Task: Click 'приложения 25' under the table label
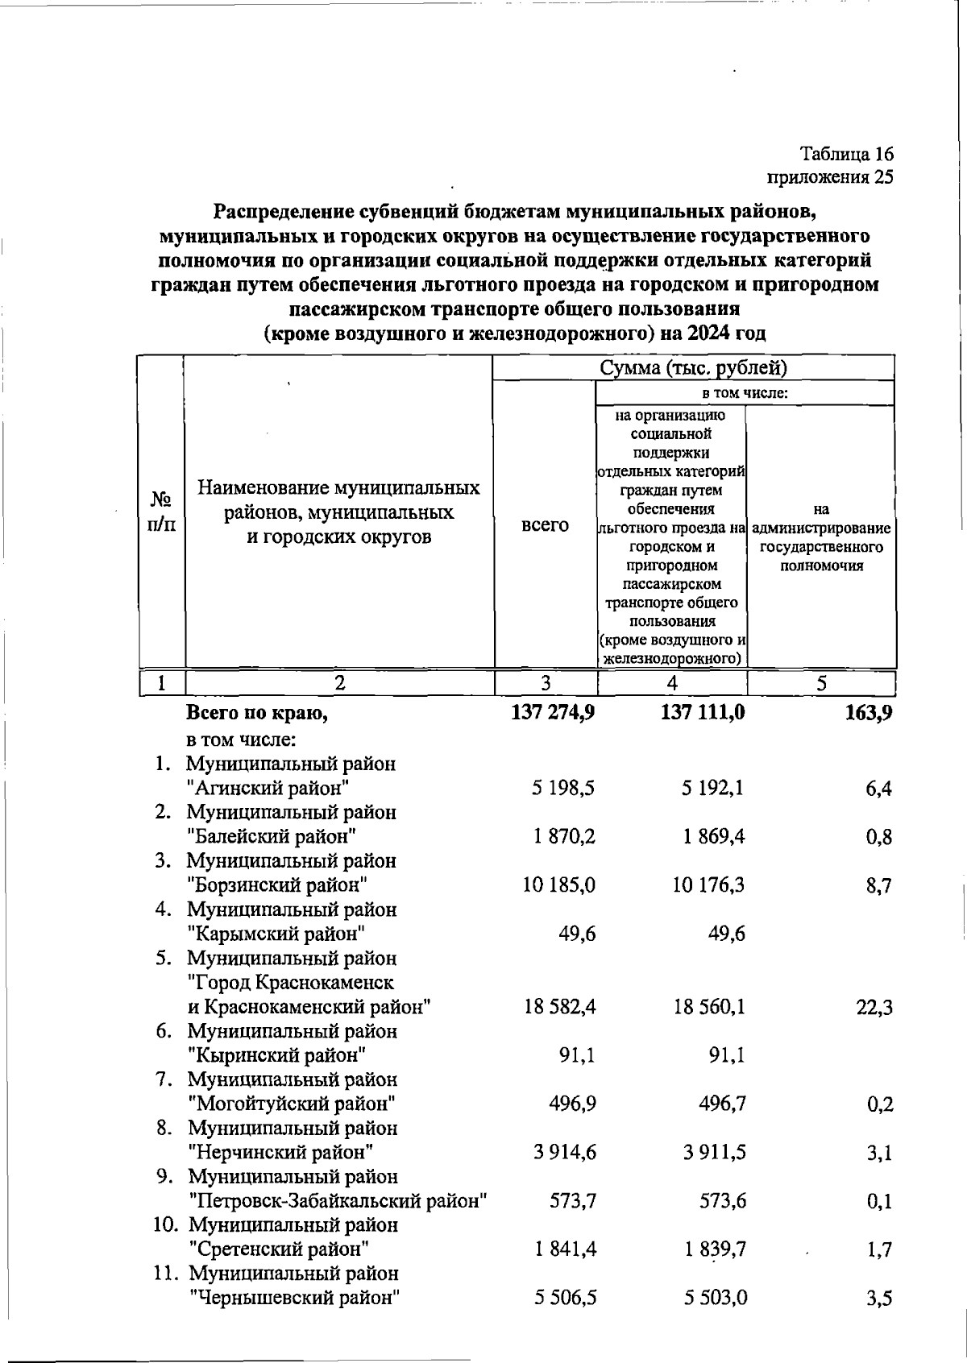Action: (830, 177)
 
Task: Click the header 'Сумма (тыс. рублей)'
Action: (693, 368)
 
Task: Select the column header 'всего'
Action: (545, 524)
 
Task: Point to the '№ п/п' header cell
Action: (161, 512)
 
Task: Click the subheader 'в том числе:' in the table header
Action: (745, 393)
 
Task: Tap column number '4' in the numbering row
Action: (672, 683)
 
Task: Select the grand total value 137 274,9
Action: (553, 712)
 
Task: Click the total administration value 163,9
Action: (869, 713)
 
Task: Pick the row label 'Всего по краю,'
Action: (257, 713)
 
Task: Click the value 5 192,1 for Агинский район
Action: (712, 788)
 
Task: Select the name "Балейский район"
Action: (272, 836)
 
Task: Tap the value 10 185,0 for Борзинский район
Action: (559, 885)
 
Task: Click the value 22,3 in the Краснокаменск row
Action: (874, 1008)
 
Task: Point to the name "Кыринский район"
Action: (277, 1054)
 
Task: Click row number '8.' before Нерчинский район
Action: (164, 1128)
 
